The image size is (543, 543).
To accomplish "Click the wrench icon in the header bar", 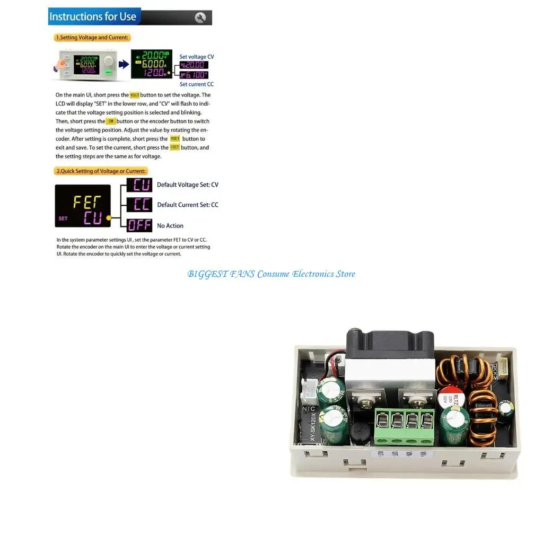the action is point(200,17).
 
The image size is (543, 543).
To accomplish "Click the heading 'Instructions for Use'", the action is point(93,16).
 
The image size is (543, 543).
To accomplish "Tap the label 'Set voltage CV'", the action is point(197,57).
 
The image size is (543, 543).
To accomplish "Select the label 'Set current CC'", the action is point(196,84).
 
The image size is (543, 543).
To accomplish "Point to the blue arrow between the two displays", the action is point(123,64).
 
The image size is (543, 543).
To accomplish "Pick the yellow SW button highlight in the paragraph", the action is point(111,121).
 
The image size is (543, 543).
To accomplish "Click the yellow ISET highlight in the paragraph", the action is point(174,147).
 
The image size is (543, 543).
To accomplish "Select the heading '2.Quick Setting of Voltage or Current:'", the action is point(101,171).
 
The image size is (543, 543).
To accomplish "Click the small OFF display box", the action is point(139,225).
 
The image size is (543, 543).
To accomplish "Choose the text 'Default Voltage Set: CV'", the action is point(188,185).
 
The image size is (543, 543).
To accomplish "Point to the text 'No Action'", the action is point(170,226).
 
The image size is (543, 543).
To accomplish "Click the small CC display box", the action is point(139,205).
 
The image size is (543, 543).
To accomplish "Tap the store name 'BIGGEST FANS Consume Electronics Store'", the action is point(271,274).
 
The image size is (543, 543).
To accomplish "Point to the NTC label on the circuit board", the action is point(308,409).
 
